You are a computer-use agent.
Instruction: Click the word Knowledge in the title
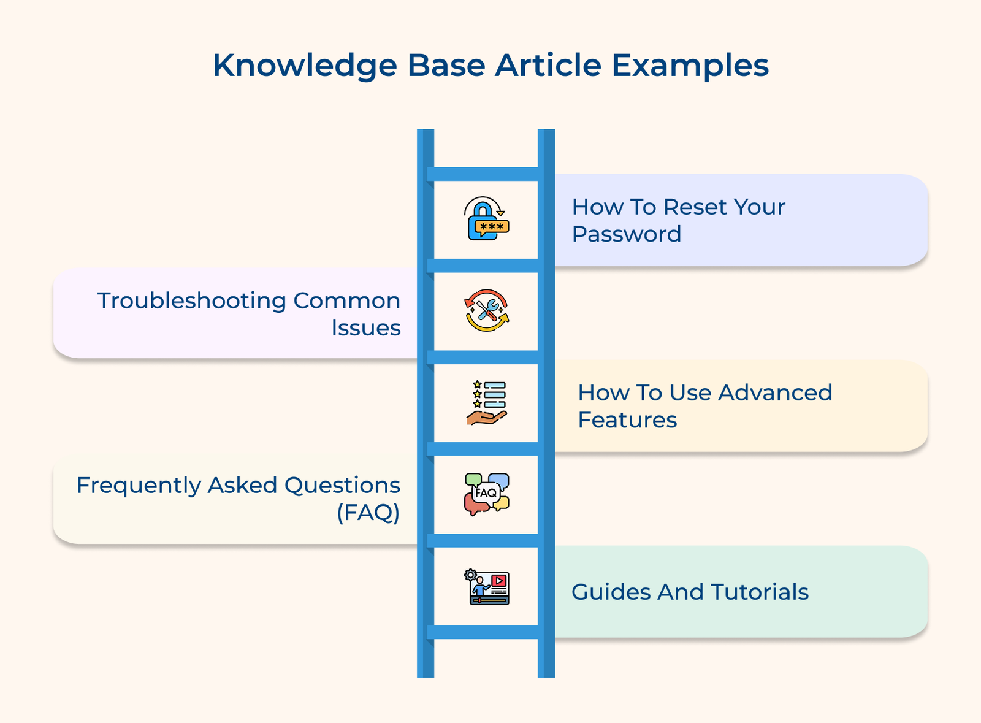point(305,66)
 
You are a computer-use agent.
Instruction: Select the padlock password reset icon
point(486,219)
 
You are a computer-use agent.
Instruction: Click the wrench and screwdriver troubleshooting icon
point(486,310)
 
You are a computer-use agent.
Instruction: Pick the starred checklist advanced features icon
point(486,403)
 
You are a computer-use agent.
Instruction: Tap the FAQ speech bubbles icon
point(486,494)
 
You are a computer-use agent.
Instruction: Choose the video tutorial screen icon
point(487,587)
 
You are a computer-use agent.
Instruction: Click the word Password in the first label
point(626,234)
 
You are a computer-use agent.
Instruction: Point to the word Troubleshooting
point(191,300)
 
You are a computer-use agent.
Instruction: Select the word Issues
point(365,328)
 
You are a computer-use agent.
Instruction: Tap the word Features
point(627,420)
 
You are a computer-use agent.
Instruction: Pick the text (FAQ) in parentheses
point(368,512)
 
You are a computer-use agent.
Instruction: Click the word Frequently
point(139,485)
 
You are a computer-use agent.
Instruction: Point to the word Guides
point(611,592)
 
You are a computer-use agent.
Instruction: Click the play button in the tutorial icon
point(499,580)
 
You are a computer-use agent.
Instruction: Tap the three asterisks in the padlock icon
point(492,226)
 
